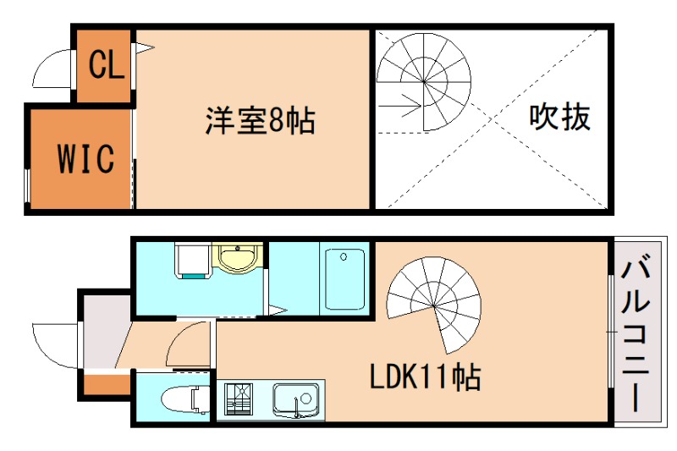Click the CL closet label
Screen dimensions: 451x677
(107, 64)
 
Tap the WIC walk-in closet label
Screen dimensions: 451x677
(85, 157)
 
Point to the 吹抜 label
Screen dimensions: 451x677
(559, 117)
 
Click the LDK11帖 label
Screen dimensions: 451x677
(425, 377)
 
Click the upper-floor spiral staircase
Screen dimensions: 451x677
(424, 83)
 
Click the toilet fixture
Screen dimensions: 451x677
(184, 398)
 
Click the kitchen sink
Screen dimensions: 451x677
(295, 399)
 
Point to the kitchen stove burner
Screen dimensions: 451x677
(239, 399)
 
